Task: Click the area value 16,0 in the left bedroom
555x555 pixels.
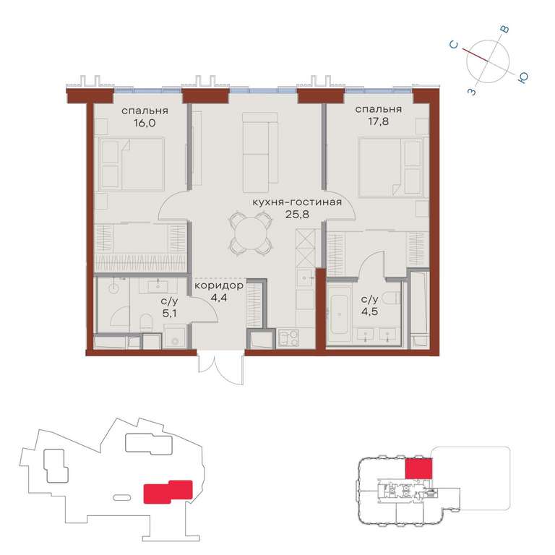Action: (145, 123)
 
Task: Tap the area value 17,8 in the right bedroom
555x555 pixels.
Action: (378, 121)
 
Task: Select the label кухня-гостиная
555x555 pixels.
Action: (297, 202)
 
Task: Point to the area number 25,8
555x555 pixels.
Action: (297, 214)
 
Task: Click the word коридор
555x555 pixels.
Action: (219, 285)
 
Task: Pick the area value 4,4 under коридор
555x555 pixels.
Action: (219, 298)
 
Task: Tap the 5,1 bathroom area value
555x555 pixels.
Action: (170, 313)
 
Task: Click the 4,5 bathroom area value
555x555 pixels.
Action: (369, 312)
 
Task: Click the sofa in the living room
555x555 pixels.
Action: (260, 152)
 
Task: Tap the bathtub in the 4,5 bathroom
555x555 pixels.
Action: (339, 314)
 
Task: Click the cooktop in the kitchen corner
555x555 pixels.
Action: (288, 338)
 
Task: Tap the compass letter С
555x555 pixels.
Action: (453, 45)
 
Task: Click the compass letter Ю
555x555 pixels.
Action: (522, 78)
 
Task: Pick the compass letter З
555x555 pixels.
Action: (472, 92)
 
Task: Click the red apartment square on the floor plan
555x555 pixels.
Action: (418, 468)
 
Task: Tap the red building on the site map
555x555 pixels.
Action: (168, 491)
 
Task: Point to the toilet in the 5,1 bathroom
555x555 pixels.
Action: (146, 322)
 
